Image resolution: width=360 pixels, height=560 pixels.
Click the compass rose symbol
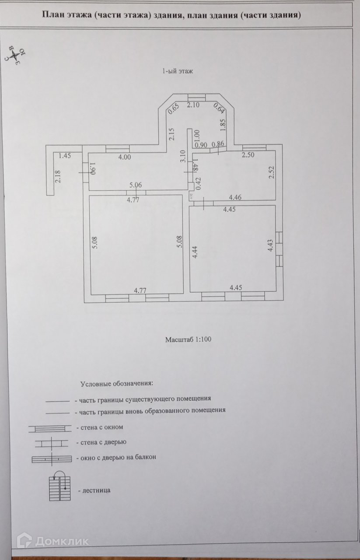(16, 55)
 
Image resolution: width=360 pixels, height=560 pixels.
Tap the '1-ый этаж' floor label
(178, 71)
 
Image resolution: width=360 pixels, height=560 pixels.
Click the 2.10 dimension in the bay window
(193, 105)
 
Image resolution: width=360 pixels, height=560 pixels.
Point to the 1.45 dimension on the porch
(65, 155)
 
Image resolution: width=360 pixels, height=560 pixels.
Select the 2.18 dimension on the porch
(57, 176)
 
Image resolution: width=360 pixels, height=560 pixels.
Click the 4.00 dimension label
(125, 157)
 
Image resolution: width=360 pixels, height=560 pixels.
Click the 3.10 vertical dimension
(183, 156)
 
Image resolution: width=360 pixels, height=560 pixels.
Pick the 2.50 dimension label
(248, 155)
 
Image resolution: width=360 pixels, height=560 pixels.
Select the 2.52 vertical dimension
(272, 172)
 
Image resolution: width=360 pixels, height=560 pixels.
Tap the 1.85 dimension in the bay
(223, 126)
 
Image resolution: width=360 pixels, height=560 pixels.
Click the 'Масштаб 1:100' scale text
(188, 339)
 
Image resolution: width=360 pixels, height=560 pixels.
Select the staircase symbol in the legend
(59, 486)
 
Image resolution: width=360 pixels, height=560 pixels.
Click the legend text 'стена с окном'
(102, 427)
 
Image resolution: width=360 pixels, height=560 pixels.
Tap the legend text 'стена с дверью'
(103, 442)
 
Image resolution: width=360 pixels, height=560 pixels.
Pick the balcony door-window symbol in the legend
(52, 458)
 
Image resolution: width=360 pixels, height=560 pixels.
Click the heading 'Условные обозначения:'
(116, 384)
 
